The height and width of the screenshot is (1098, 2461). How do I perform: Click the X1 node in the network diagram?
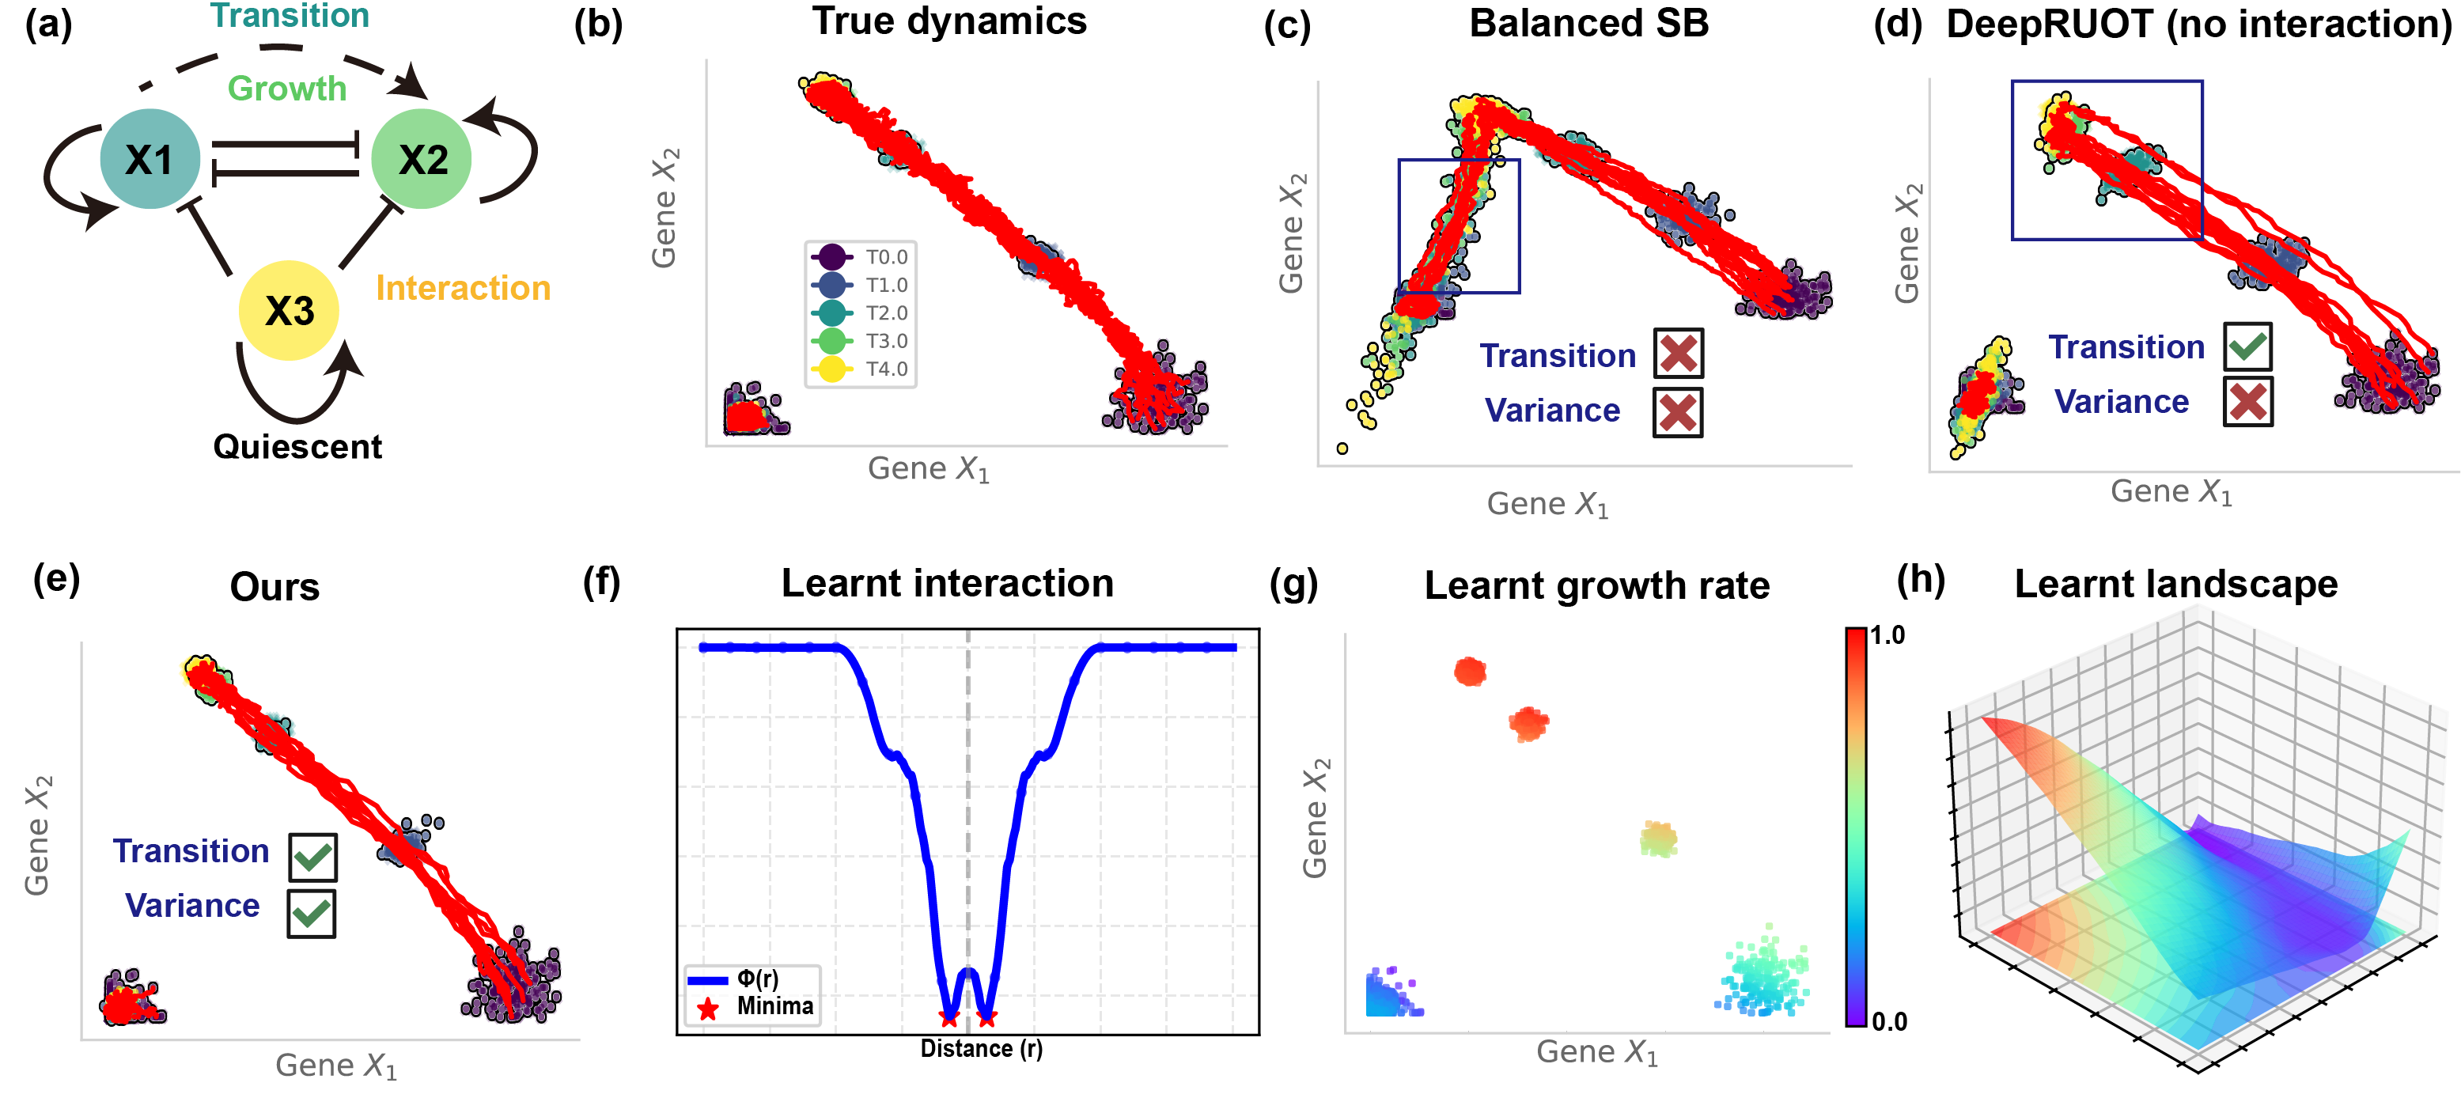[x=150, y=159]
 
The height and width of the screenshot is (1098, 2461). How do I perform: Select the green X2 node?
[x=422, y=159]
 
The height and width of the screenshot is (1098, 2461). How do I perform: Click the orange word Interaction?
[x=464, y=288]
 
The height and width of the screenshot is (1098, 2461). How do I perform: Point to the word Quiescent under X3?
[x=297, y=446]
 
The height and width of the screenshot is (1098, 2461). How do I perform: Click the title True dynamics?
[x=948, y=21]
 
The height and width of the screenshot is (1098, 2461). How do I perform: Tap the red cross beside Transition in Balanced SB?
[x=1678, y=354]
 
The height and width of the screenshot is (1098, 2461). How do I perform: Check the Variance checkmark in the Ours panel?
[x=312, y=913]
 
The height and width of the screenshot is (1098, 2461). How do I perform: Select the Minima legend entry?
[x=755, y=1006]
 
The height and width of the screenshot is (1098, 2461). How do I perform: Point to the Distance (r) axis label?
[x=981, y=1048]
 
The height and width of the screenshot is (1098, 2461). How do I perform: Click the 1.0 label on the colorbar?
[x=1887, y=635]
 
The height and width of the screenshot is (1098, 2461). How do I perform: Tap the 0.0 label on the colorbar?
[x=1889, y=1021]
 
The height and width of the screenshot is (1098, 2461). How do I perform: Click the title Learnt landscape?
[x=2175, y=583]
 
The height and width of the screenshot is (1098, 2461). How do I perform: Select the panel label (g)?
[x=1293, y=583]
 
